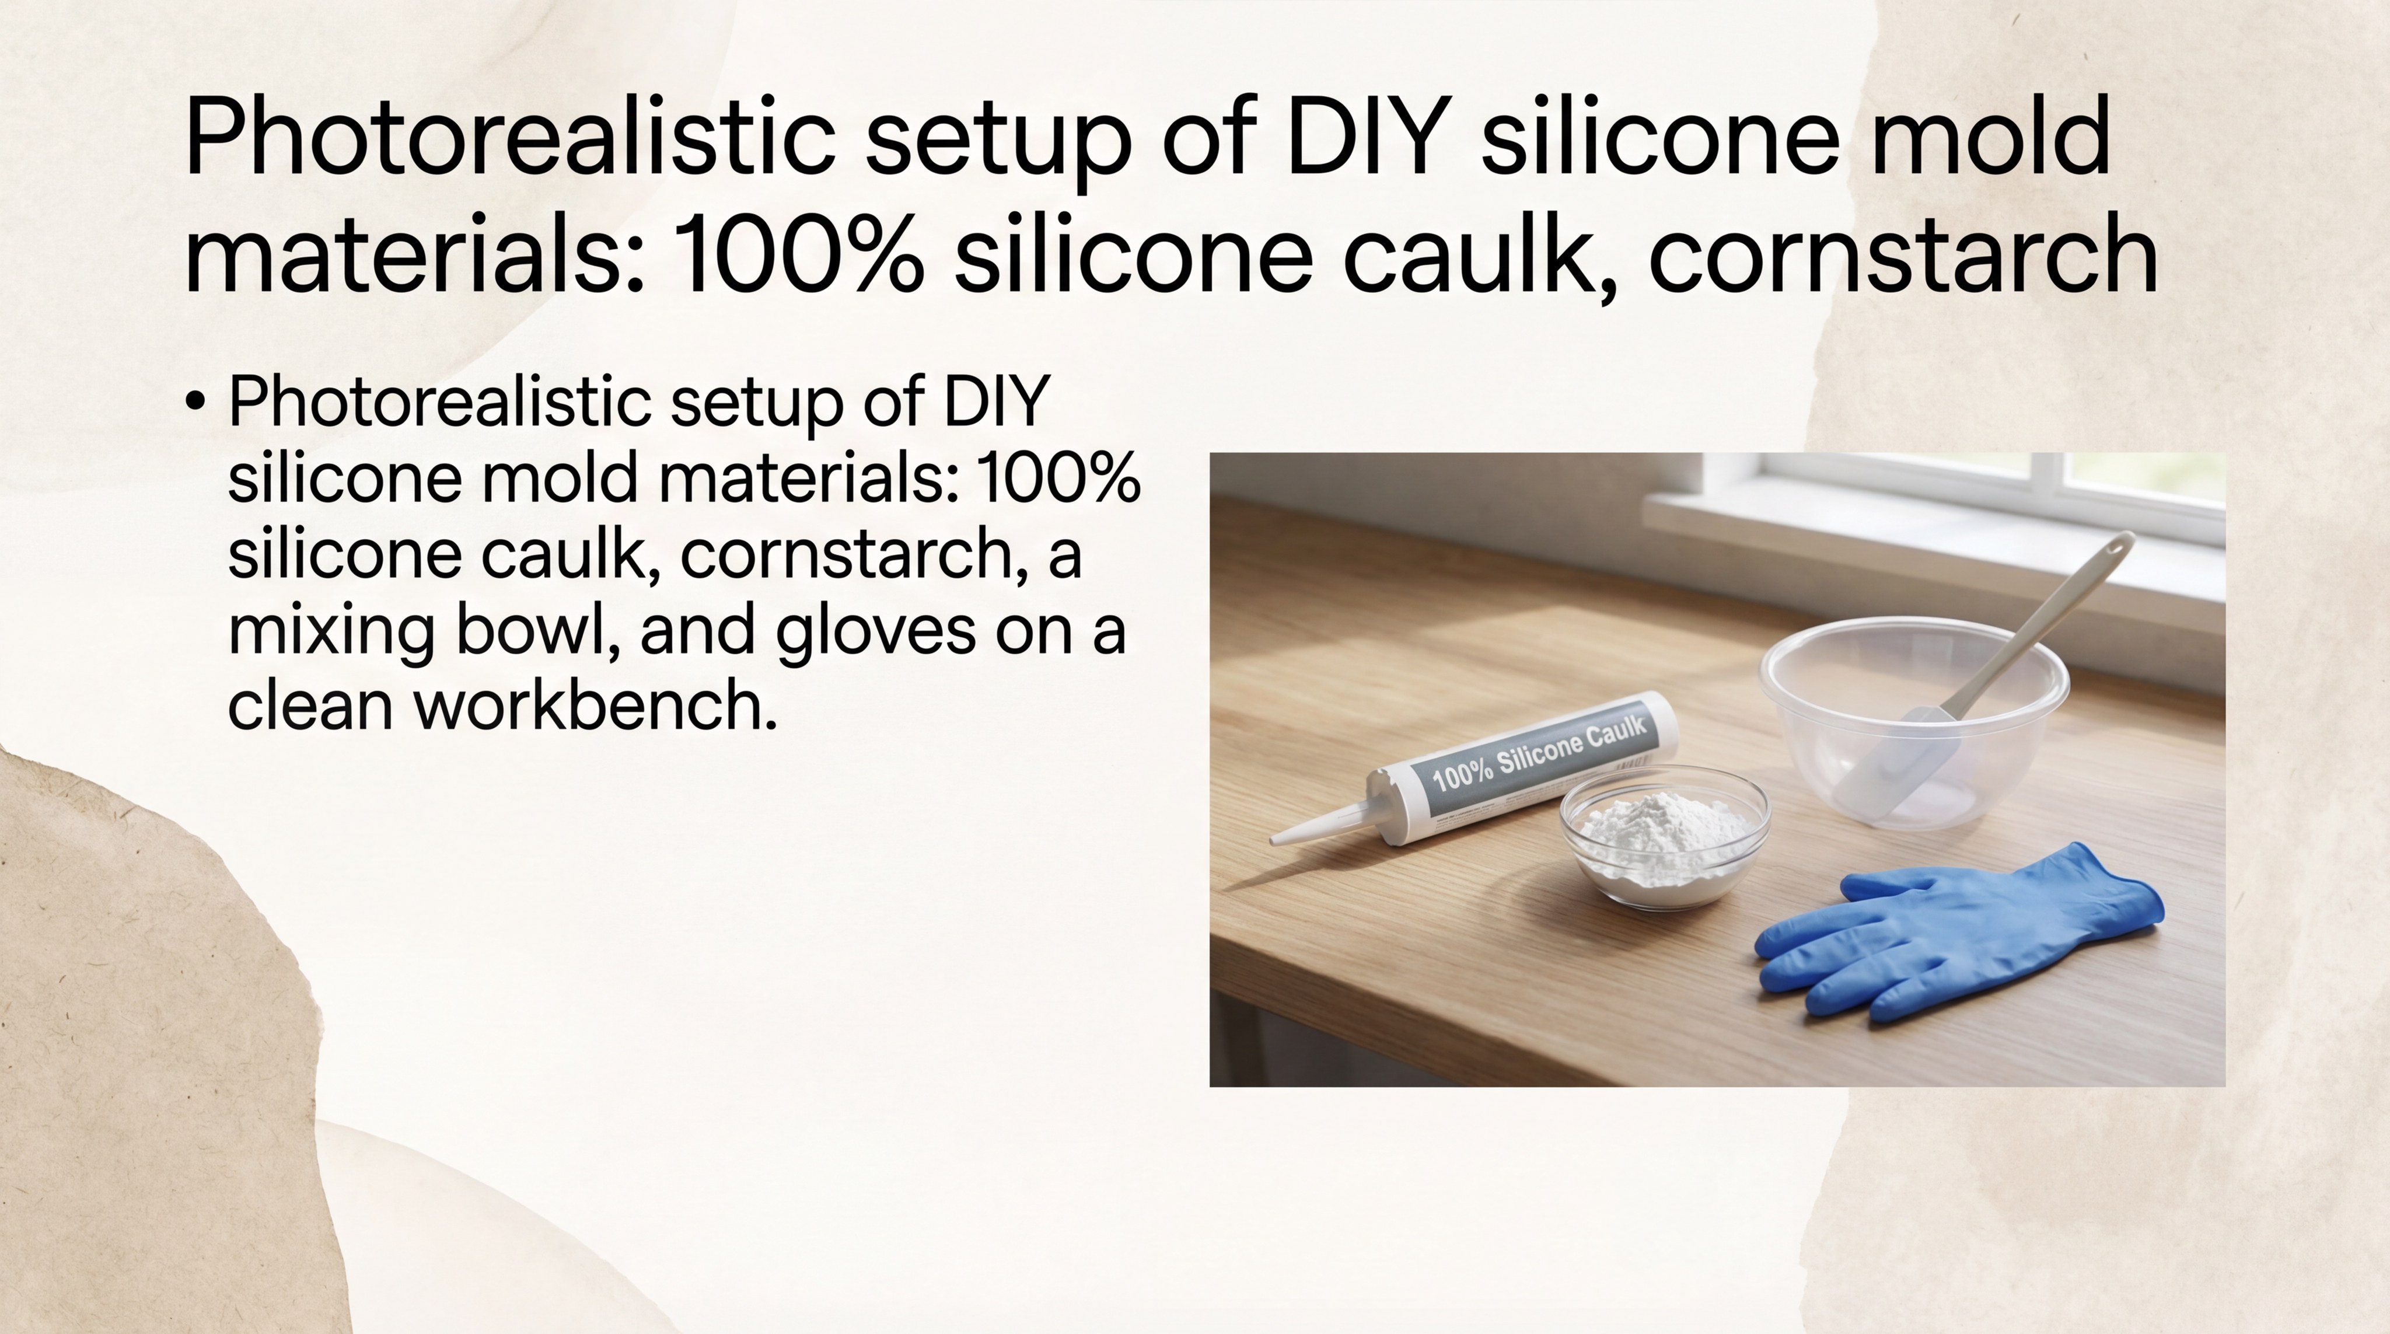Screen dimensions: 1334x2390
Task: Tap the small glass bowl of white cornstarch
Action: click(1665, 840)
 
